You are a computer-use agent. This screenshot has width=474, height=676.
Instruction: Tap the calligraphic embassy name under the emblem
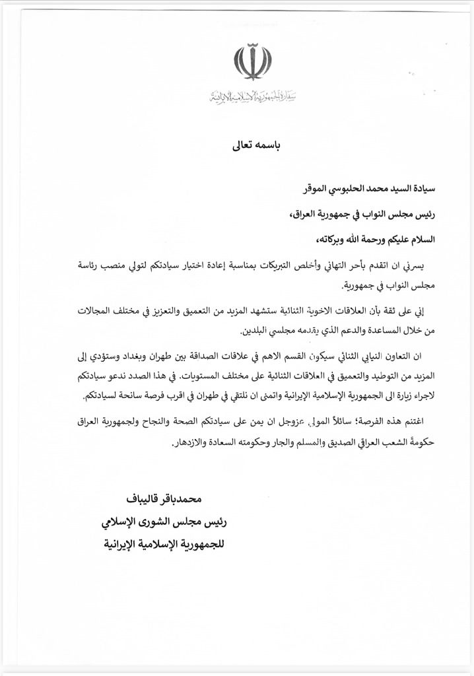click(252, 97)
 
